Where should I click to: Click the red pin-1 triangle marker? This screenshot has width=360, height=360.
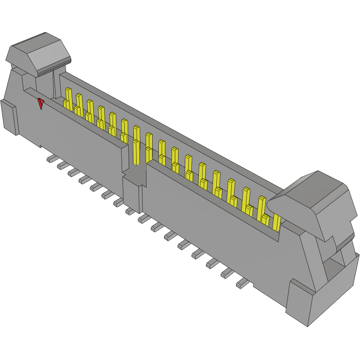pyautogui.click(x=41, y=103)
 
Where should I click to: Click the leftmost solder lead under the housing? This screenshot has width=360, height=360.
pyautogui.click(x=51, y=159)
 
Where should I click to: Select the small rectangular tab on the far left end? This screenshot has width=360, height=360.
pyautogui.click(x=9, y=116)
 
